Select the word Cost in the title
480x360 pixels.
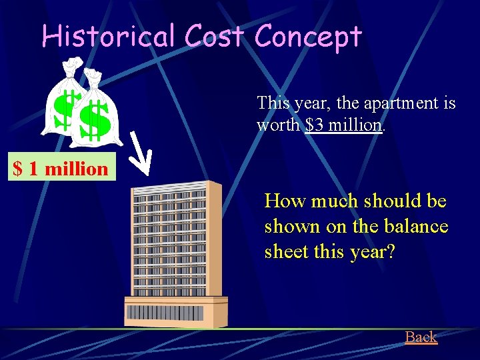point(214,36)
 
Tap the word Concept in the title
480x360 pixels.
point(307,37)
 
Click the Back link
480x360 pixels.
point(421,337)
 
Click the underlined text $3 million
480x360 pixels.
point(344,125)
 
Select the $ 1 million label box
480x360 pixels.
point(61,168)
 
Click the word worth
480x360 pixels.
point(279,125)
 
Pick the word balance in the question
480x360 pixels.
point(415,227)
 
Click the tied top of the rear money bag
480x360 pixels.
point(69,65)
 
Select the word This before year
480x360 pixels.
point(273,103)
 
